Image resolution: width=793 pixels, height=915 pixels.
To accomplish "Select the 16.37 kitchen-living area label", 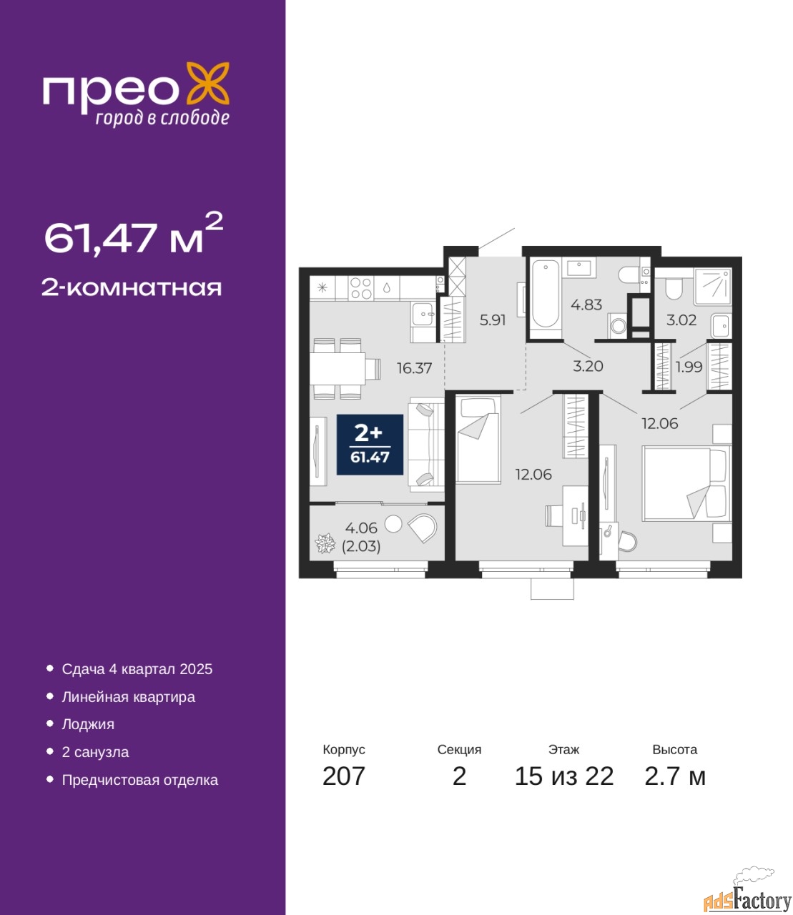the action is click(414, 368).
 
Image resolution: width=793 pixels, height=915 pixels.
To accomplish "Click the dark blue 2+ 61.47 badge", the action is click(370, 445).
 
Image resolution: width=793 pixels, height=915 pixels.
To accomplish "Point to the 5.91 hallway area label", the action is click(493, 320).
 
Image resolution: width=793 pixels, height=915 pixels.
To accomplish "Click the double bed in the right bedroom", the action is click(686, 483).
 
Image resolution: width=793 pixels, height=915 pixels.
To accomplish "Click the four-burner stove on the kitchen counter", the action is click(361, 288).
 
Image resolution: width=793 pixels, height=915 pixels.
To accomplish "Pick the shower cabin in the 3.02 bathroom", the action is click(713, 287).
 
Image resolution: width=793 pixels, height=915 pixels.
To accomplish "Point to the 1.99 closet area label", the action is click(689, 367).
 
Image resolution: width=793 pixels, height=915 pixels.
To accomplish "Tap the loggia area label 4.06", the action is click(361, 528).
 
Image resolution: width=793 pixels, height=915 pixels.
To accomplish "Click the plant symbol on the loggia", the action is click(325, 543).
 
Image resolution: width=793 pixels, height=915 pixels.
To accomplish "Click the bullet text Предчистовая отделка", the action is click(140, 780).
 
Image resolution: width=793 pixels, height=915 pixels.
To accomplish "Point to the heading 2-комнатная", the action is click(132, 288).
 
